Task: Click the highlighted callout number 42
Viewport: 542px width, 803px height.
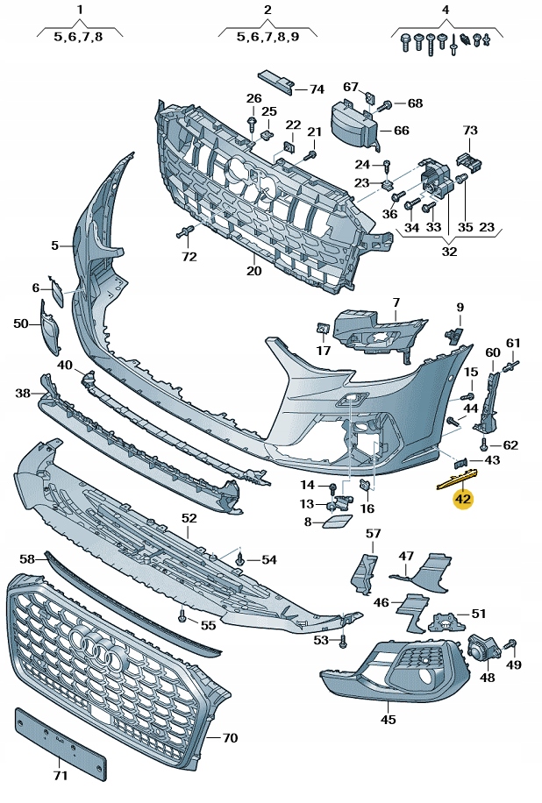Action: pyautogui.click(x=462, y=498)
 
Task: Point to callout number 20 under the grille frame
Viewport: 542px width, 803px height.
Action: pyautogui.click(x=254, y=271)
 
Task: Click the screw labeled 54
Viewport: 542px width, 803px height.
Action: pyautogui.click(x=239, y=559)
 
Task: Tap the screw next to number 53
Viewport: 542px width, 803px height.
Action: pyautogui.click(x=343, y=640)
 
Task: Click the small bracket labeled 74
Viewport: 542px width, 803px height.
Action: pyautogui.click(x=276, y=81)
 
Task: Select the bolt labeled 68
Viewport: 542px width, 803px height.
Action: pyautogui.click(x=385, y=105)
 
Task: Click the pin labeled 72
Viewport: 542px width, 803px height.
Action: pyautogui.click(x=184, y=232)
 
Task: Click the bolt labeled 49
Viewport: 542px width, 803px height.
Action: pyautogui.click(x=512, y=645)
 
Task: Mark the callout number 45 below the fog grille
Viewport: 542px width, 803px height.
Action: pyautogui.click(x=389, y=719)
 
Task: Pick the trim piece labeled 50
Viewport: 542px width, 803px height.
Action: pyautogui.click(x=50, y=327)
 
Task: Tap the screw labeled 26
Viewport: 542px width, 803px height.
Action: pyautogui.click(x=253, y=124)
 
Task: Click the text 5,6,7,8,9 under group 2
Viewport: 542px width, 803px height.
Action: pyautogui.click(x=267, y=38)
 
